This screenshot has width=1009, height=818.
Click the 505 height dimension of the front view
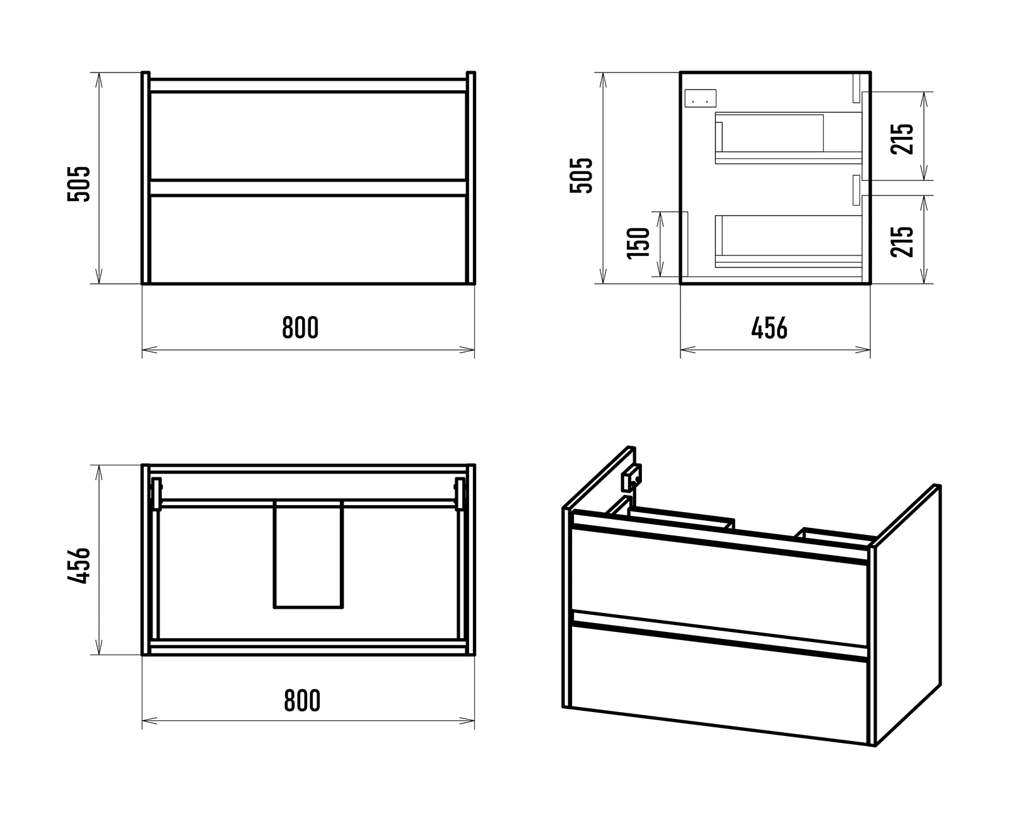[79, 184]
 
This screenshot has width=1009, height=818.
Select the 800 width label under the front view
[300, 327]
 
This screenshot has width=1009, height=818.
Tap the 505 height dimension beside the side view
[581, 175]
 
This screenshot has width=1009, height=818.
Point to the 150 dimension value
[638, 243]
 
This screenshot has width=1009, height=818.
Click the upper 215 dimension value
[902, 139]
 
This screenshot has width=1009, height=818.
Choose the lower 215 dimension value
[902, 242]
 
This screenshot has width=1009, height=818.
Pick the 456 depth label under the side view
[769, 328]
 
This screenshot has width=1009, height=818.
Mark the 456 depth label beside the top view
[79, 566]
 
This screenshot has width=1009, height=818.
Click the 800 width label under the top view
[302, 701]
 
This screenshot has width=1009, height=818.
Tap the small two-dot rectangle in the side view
[701, 98]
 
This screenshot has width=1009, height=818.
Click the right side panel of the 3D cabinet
[907, 614]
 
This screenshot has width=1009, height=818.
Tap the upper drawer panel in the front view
[308, 136]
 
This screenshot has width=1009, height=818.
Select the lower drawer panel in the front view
[308, 239]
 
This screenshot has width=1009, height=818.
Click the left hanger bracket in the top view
[156, 494]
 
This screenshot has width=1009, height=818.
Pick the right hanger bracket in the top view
[460, 494]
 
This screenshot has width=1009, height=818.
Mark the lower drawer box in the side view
[788, 241]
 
